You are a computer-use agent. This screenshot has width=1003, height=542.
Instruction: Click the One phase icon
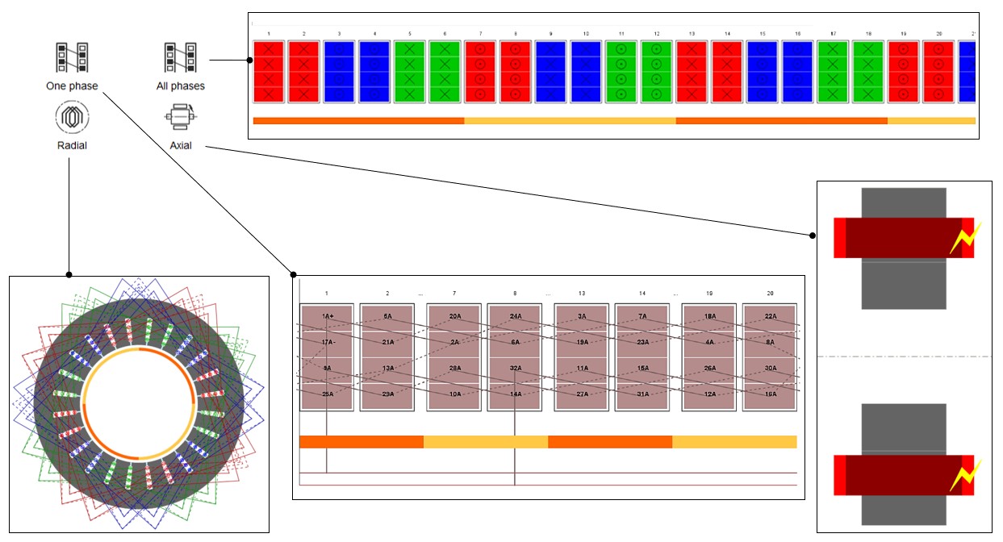[71, 58]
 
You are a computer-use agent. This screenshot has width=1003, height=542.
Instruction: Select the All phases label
[181, 85]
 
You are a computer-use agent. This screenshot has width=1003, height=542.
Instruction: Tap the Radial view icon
[71, 118]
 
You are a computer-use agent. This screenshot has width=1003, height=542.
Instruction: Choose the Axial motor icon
[181, 118]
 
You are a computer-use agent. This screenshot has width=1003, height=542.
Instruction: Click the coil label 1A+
[327, 316]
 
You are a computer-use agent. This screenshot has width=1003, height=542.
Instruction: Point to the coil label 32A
[515, 368]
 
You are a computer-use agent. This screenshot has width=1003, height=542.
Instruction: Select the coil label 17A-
[327, 342]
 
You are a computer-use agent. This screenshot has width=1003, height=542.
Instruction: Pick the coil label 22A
[770, 316]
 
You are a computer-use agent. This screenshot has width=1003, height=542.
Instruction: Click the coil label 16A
[770, 394]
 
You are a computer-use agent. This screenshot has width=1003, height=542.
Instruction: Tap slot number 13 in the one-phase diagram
[581, 294]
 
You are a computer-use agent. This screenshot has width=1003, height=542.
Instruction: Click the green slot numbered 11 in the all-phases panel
[622, 72]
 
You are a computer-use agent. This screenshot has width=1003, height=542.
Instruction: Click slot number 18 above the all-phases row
[868, 34]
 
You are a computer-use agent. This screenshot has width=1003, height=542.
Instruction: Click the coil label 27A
[582, 394]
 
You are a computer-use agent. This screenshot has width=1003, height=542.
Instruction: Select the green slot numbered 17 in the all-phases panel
[834, 72]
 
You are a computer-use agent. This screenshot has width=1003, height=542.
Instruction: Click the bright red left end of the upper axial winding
[839, 238]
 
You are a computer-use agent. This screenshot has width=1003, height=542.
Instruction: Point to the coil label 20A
[454, 316]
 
